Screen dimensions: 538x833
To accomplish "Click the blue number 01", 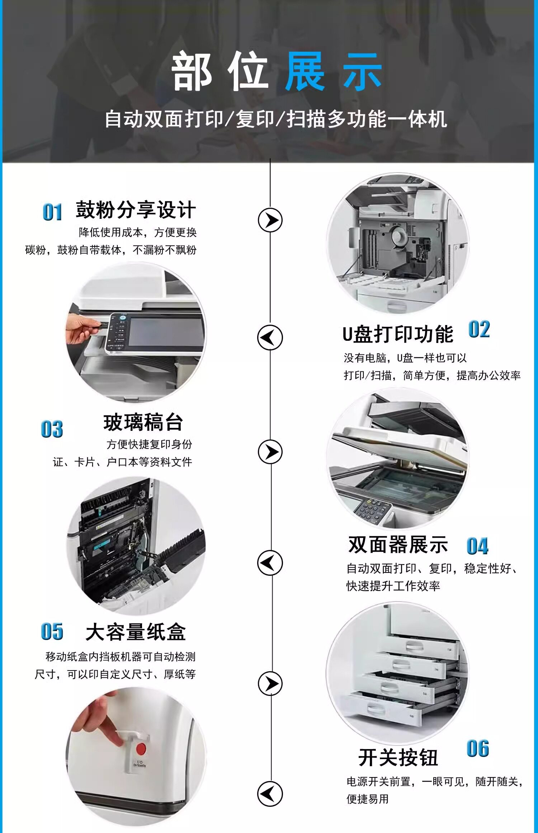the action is click(52, 212).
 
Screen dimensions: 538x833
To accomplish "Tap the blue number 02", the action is click(479, 329).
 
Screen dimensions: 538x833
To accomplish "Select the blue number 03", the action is click(52, 429).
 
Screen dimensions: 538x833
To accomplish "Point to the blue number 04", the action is click(477, 546).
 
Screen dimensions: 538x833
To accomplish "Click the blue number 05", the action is click(52, 632).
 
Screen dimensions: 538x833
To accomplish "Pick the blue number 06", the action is click(478, 749).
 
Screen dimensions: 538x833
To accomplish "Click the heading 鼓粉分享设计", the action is click(136, 210).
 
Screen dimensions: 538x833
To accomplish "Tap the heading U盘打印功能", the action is click(398, 334).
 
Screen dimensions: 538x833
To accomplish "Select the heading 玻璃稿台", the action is click(143, 422).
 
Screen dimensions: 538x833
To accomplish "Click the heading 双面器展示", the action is click(398, 545).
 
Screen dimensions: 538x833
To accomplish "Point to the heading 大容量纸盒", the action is click(136, 632).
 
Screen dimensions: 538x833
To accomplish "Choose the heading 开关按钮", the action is click(398, 758).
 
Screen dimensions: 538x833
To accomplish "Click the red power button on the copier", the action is click(141, 749).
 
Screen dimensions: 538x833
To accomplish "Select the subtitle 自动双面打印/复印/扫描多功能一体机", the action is click(276, 119).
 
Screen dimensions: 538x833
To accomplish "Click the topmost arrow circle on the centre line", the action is click(270, 220).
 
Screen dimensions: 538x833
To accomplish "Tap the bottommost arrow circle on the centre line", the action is click(270, 794).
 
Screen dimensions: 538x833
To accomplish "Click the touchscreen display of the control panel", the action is click(166, 332).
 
